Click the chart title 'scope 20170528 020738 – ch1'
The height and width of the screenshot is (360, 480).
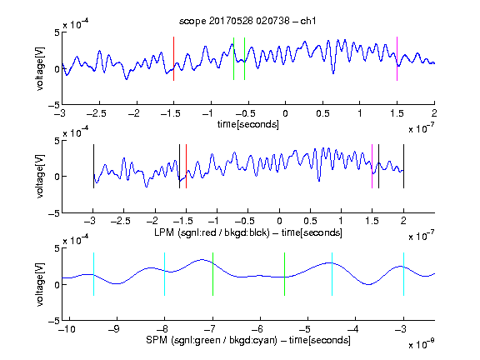247,21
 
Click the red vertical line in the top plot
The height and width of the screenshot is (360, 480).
173,59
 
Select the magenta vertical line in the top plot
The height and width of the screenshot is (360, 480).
397,59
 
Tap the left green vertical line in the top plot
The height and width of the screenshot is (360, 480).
233,59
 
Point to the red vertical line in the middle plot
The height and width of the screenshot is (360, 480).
186,166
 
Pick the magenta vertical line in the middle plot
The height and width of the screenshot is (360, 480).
372,166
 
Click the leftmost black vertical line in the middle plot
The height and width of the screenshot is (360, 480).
93,166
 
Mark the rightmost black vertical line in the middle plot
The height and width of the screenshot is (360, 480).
403,166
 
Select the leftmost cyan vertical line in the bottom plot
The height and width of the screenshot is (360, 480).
93,274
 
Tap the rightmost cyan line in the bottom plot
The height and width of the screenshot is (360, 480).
403,274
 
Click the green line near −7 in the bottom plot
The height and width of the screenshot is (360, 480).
212,274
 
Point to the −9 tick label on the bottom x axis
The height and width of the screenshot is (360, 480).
114,329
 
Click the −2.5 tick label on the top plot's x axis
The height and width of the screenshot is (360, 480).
96,113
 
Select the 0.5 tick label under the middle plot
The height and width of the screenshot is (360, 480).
310,221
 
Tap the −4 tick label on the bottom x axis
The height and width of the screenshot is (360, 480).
352,329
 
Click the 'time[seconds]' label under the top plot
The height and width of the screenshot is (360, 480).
248,124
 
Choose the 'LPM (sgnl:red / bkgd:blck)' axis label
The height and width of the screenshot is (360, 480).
212,232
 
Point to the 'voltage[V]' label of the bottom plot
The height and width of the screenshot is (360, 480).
40,284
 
